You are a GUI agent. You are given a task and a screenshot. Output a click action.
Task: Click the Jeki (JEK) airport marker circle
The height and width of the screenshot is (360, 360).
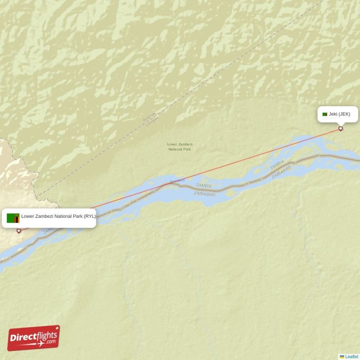[341, 129]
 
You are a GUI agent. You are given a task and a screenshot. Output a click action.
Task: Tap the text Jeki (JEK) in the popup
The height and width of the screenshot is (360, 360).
[339, 114]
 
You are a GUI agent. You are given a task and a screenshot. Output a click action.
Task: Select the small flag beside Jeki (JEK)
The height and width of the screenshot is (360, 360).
[325, 114]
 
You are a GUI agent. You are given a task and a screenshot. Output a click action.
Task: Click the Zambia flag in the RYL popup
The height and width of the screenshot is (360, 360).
[13, 218]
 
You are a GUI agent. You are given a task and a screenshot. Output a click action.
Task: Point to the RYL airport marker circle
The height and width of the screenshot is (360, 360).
[19, 231]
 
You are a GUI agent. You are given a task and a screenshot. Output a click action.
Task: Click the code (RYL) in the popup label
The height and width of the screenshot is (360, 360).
[90, 216]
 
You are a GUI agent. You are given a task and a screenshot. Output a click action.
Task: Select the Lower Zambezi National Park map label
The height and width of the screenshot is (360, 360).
[180, 146]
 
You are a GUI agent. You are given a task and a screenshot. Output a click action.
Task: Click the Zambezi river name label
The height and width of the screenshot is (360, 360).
[177, 180]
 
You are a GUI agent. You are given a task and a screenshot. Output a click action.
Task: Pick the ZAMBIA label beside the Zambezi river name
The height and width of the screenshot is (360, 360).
[204, 185]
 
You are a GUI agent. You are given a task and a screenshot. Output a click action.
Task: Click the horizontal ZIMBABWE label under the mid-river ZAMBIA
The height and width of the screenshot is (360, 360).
[204, 194]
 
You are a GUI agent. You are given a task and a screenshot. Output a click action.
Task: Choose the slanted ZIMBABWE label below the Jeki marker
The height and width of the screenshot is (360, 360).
[282, 172]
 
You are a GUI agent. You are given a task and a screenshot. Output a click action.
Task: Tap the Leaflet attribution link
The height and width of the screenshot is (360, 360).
[351, 356]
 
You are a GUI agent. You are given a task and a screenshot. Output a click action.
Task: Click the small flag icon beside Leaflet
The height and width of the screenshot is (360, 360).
[342, 356]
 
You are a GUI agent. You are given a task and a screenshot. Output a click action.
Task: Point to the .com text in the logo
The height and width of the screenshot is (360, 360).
[51, 342]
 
